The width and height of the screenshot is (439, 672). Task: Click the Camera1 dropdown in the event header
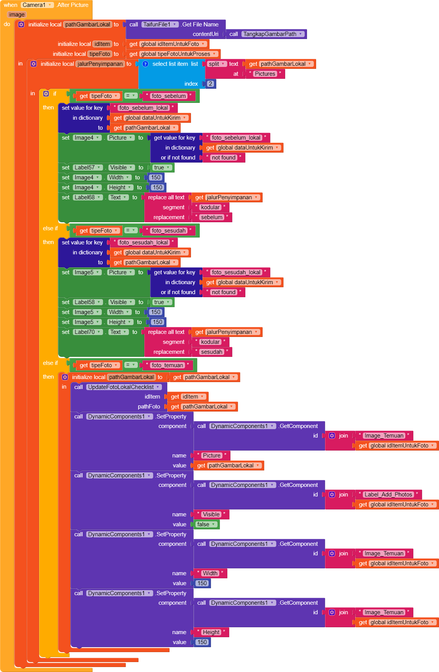[37, 5]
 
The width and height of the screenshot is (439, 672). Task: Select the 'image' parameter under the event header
[17, 15]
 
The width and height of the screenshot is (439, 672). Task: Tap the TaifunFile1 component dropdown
[160, 24]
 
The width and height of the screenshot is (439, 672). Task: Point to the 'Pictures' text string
[265, 74]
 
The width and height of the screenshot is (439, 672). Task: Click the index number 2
[210, 84]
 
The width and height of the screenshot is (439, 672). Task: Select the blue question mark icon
[145, 64]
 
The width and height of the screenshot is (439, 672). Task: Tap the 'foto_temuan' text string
[167, 365]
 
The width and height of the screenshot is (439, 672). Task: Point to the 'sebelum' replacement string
[212, 217]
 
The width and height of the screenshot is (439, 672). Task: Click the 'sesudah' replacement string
[212, 352]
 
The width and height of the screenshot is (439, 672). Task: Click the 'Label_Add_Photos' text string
[388, 495]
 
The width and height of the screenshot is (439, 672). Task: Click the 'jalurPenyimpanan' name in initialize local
[100, 64]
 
